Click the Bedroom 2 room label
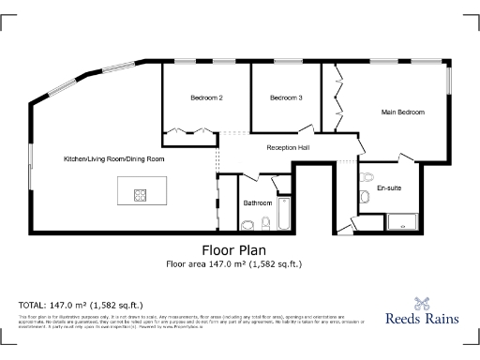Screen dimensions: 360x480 click(206, 98)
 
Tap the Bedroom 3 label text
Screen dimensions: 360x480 click(286, 98)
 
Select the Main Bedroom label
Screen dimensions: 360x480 click(403, 112)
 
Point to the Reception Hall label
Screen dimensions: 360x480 click(288, 148)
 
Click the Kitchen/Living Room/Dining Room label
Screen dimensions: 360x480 click(114, 159)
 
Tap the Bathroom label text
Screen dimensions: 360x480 click(258, 202)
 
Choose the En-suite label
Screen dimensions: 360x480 click(389, 188)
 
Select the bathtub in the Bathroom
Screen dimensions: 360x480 click(285, 214)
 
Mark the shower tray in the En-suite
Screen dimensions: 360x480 click(406, 222)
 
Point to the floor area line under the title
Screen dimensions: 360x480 click(241, 264)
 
